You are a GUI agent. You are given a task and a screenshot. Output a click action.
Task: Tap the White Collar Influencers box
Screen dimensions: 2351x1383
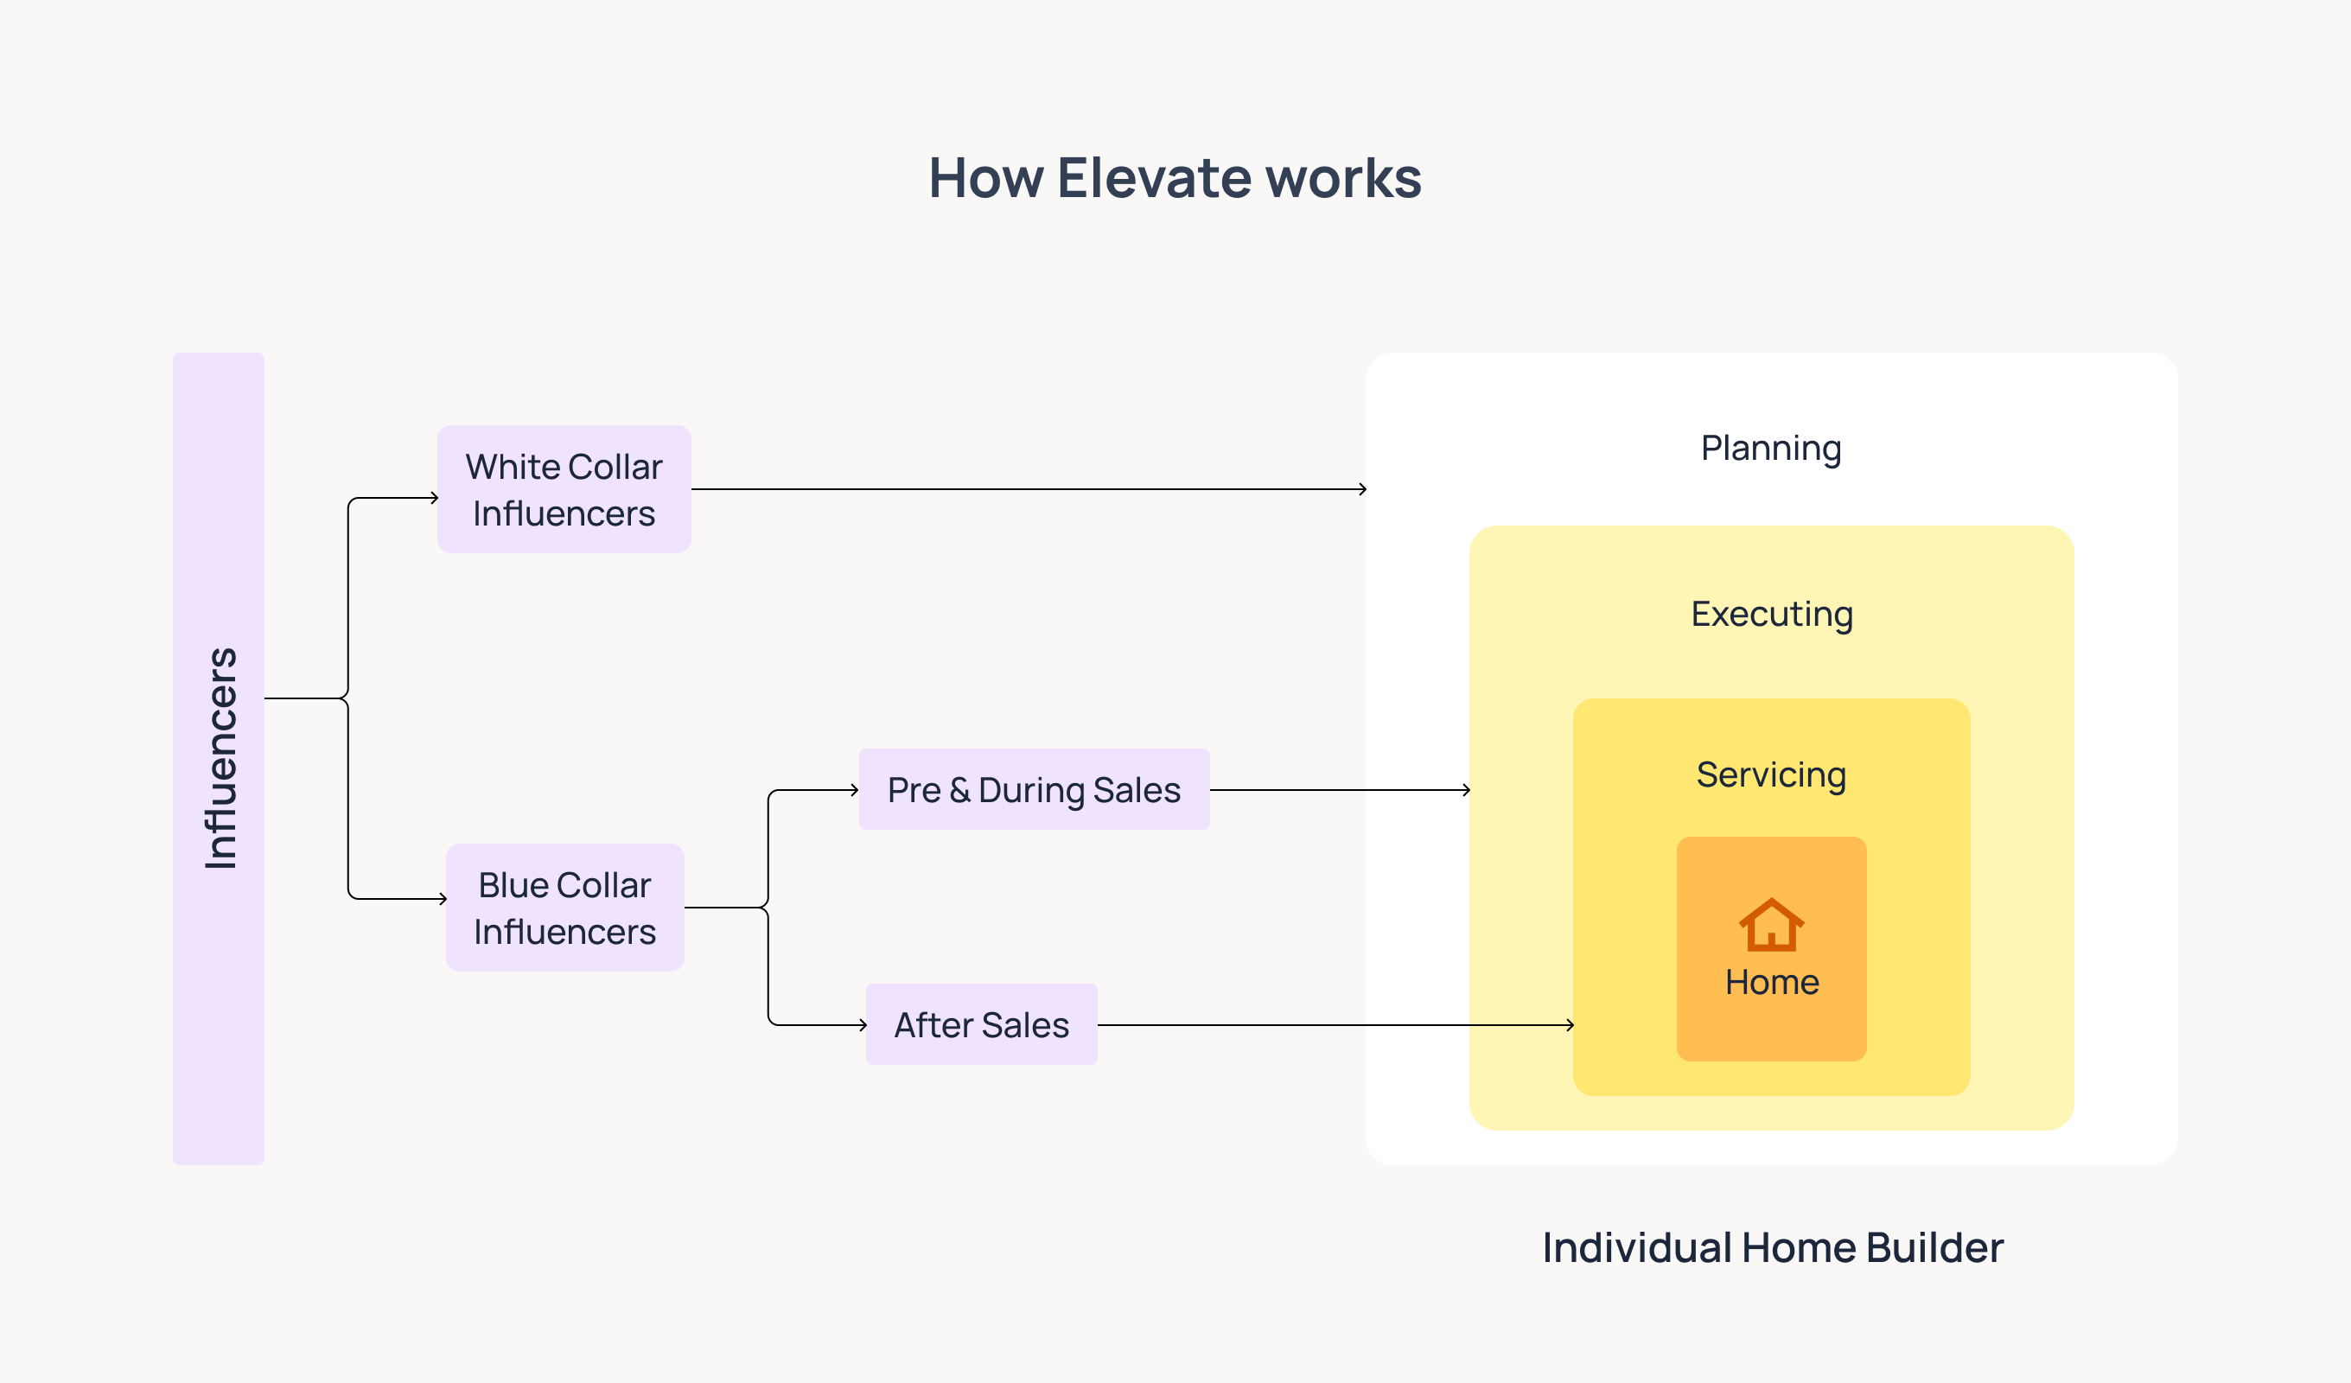pyautogui.click(x=564, y=489)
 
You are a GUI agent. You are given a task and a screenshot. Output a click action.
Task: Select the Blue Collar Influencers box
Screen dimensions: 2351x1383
pyautogui.click(x=565, y=907)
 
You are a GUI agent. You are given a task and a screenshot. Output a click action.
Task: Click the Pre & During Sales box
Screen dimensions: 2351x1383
pyautogui.click(x=1035, y=789)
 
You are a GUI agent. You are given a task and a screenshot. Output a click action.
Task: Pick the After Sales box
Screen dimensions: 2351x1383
pyautogui.click(x=981, y=1024)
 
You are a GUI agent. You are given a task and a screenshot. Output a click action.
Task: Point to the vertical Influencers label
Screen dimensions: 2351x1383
pyautogui.click(x=220, y=758)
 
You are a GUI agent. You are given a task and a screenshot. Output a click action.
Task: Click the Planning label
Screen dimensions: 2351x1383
pyautogui.click(x=1771, y=449)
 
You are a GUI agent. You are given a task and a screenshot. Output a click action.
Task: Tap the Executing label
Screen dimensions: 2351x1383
pyautogui.click(x=1772, y=615)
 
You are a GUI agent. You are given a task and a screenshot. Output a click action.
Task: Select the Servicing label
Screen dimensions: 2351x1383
pyautogui.click(x=1771, y=775)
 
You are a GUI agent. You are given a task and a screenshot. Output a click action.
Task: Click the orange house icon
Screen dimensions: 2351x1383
pyautogui.click(x=1772, y=924)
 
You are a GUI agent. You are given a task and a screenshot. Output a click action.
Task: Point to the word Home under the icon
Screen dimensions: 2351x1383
pyautogui.click(x=1772, y=982)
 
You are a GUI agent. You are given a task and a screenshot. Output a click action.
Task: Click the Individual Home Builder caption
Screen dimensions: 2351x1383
pyautogui.click(x=1773, y=1247)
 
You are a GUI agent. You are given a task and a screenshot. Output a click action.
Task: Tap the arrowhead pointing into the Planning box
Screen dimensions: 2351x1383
pyautogui.click(x=1363, y=489)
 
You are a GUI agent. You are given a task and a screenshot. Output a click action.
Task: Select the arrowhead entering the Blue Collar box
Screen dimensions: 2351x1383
pyautogui.click(x=443, y=899)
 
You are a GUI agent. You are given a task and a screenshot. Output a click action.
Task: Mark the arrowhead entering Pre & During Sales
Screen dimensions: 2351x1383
pyautogui.click(x=855, y=789)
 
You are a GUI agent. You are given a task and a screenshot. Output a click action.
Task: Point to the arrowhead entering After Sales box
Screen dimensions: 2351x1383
pyautogui.click(x=863, y=1024)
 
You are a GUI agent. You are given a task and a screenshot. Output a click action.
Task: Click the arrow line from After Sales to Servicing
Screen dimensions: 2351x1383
pyautogui.click(x=1336, y=1024)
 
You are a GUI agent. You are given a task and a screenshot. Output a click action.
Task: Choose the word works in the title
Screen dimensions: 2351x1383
pyautogui.click(x=1344, y=177)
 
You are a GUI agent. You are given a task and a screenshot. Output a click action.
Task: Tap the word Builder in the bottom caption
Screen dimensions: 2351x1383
pyautogui.click(x=1935, y=1247)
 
